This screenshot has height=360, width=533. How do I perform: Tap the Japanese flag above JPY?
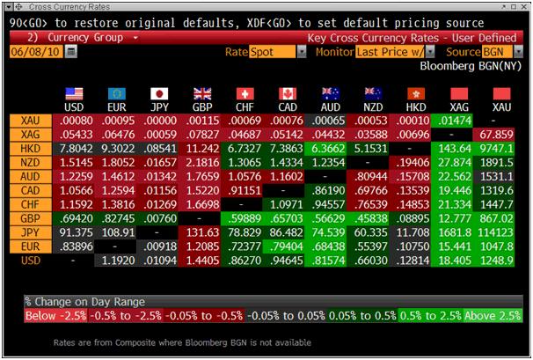tap(160, 93)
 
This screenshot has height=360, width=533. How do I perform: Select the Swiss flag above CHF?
tap(245, 93)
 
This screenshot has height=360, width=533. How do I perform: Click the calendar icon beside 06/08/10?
tap(71, 52)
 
